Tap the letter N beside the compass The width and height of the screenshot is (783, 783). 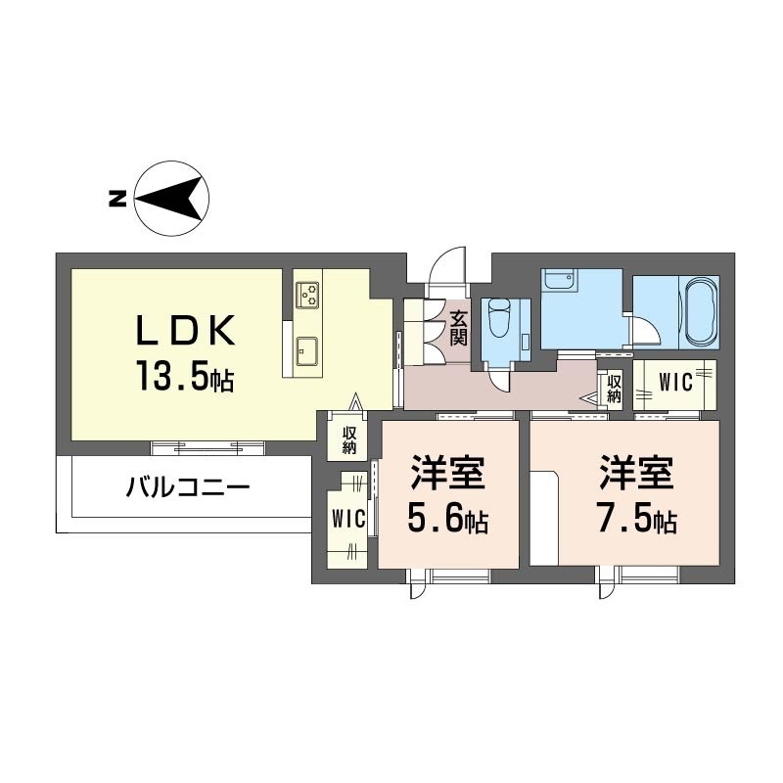(116, 199)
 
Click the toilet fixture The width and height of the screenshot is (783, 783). (501, 319)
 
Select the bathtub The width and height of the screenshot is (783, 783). (699, 312)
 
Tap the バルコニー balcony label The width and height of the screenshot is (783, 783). (188, 485)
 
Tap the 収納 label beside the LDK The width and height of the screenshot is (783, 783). (349, 440)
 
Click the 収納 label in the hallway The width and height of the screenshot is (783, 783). (614, 389)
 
